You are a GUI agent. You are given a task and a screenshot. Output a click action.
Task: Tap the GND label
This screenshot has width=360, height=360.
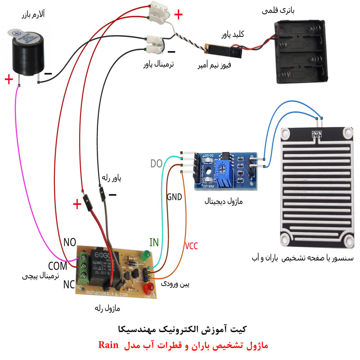(x=174, y=197)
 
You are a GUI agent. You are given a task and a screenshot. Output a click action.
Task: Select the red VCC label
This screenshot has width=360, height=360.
(x=191, y=246)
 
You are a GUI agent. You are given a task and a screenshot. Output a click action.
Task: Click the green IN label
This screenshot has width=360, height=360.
(x=154, y=243)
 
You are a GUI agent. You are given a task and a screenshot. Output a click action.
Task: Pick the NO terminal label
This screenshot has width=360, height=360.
(x=70, y=243)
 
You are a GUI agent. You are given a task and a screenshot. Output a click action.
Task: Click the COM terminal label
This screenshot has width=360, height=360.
(x=58, y=265)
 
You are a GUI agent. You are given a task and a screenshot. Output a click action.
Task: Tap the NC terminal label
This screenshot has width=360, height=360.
(x=69, y=284)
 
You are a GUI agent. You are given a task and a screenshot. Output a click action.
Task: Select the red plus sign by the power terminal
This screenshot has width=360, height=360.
(x=178, y=15)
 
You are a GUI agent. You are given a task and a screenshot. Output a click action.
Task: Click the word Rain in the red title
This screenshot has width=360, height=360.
(x=108, y=345)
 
